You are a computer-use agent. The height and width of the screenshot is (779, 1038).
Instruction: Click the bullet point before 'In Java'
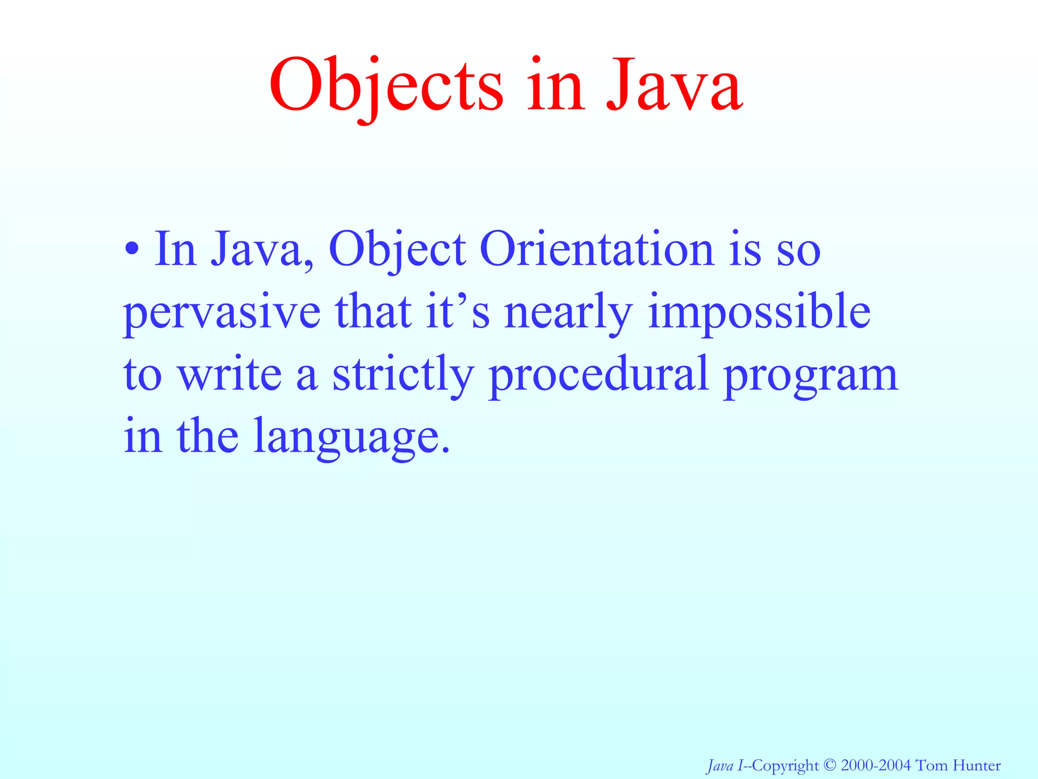tap(132, 250)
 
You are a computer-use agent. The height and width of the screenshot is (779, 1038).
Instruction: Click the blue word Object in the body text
tap(397, 250)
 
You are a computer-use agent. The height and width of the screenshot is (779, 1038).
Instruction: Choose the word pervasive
tap(222, 312)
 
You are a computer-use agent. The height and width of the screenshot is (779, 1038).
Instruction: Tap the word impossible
tap(759, 312)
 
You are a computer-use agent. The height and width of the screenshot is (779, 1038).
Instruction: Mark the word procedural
tap(598, 374)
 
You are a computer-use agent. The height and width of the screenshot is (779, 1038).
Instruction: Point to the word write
tap(229, 374)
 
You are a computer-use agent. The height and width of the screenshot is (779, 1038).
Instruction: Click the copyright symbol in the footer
tap(829, 765)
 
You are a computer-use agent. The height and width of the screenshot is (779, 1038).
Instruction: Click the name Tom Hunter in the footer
tap(958, 765)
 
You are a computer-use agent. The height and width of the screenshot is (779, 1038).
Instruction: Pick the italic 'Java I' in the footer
tap(724, 765)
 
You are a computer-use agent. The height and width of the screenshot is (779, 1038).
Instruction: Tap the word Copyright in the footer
tap(785, 765)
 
